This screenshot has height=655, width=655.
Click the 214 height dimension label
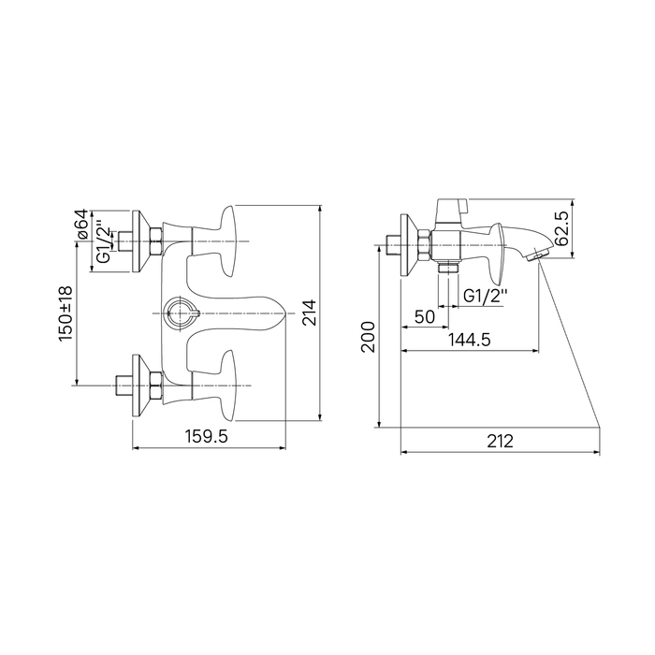310,313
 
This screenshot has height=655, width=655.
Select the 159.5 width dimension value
207,437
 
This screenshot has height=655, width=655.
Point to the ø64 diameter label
81,225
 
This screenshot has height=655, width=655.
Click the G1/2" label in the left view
105,245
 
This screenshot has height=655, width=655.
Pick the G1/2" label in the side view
486,297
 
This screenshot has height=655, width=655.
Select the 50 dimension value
425,316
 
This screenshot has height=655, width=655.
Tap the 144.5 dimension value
470,340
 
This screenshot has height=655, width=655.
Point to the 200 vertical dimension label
368,337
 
